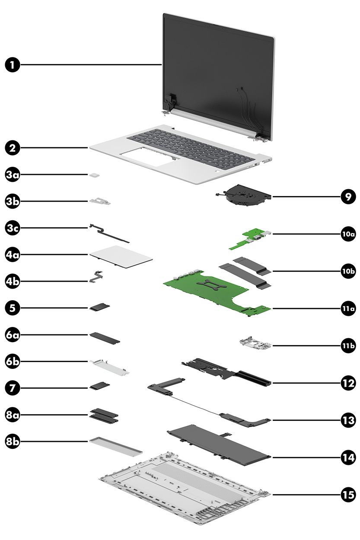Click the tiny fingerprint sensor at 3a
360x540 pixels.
click(x=93, y=175)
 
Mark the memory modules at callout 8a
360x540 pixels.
click(x=104, y=414)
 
